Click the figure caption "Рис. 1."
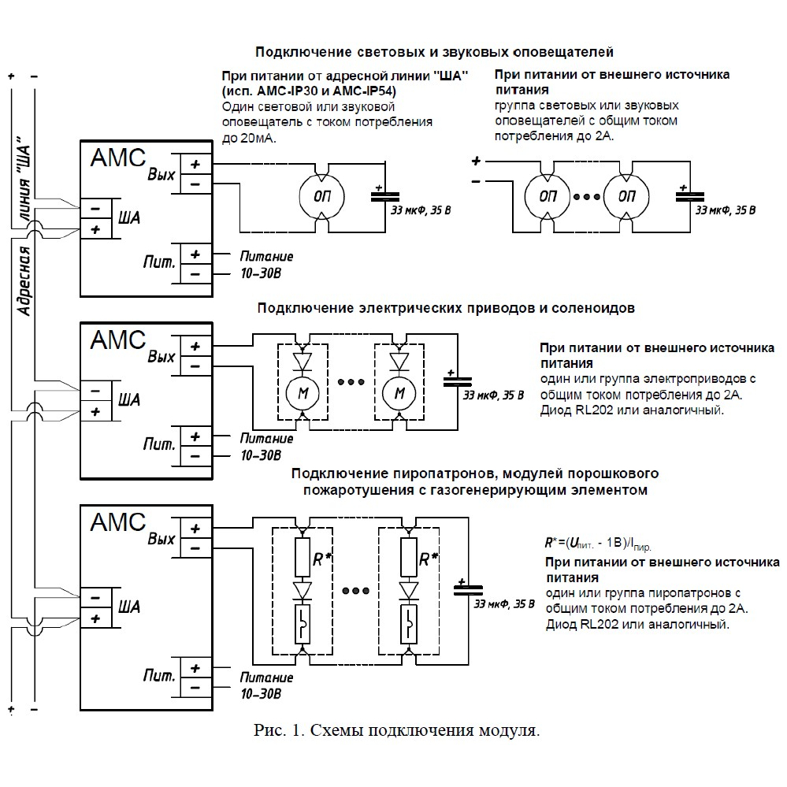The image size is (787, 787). (279, 729)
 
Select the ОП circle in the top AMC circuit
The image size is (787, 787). (321, 196)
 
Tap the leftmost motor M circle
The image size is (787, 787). (303, 393)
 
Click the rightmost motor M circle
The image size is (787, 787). (399, 393)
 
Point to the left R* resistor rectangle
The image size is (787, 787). (303, 557)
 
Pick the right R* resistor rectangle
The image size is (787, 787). (409, 557)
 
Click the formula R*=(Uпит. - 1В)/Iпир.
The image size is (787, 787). (597, 544)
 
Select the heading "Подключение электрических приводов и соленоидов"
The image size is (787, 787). (446, 308)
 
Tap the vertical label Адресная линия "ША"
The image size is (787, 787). (24, 226)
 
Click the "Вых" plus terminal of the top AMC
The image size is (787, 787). (195, 164)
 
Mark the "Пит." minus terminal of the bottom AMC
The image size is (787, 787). (195, 688)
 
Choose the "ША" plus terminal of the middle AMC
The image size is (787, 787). (95, 411)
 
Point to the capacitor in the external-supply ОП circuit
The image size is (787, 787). (689, 195)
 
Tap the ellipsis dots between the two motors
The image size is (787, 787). (351, 382)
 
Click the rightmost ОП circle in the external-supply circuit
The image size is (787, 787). (626, 196)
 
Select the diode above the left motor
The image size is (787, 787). (303, 361)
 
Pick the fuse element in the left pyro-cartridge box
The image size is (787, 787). (303, 624)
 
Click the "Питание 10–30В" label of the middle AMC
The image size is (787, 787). (266, 447)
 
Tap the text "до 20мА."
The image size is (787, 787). (249, 138)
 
